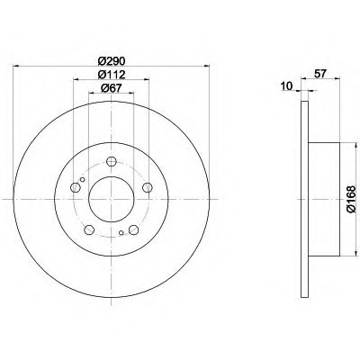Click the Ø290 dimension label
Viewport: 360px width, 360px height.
(x=111, y=61)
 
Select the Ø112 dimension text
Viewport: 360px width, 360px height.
(x=112, y=75)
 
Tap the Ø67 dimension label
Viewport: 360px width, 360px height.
(x=112, y=88)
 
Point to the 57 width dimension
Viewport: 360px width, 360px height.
(x=320, y=74)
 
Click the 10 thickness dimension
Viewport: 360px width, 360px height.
(x=287, y=86)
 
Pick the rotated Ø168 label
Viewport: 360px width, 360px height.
(x=351, y=199)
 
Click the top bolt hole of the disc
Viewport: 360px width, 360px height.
(x=112, y=162)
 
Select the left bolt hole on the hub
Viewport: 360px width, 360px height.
(x=75, y=188)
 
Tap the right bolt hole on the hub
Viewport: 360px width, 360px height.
(x=147, y=188)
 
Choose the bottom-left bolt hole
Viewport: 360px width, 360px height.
(x=89, y=230)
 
